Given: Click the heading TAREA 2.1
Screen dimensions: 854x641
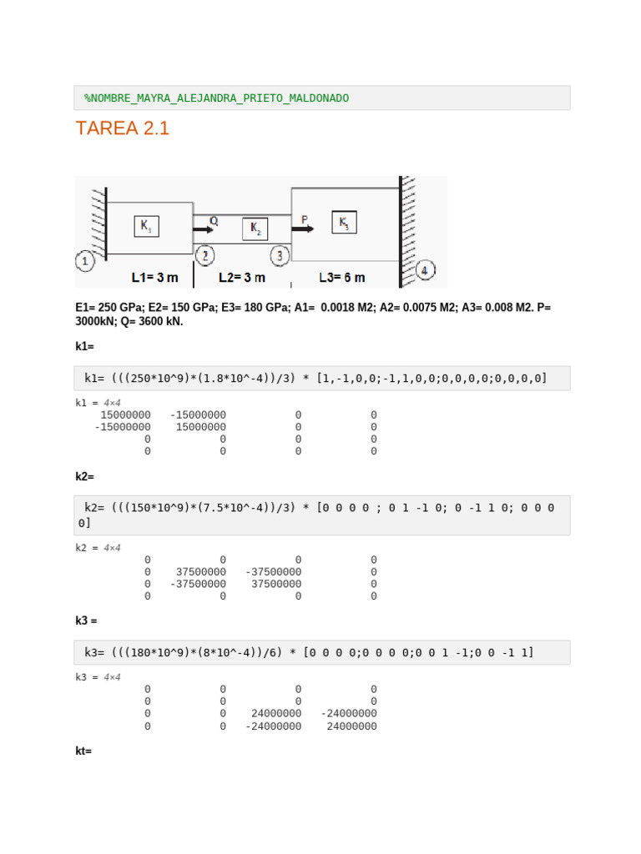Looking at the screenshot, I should tap(122, 128).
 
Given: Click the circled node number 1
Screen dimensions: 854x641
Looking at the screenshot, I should tap(85, 261).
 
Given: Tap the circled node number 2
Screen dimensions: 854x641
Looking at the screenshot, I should tap(204, 255).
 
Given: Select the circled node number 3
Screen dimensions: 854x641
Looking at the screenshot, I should tap(280, 255).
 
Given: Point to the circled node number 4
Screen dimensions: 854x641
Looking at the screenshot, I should tap(425, 271).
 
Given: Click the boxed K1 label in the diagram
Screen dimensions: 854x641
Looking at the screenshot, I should tap(146, 226).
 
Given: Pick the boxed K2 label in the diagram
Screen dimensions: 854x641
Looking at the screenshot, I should tap(255, 229).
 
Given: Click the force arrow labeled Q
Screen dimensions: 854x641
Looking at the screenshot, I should tap(203, 229).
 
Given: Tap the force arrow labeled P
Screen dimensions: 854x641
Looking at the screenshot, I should tap(303, 228).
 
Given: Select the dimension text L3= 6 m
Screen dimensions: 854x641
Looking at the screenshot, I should tap(342, 277).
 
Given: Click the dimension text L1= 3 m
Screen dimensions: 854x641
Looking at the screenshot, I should tap(154, 277).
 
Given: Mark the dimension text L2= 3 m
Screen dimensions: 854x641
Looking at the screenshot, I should tap(242, 277).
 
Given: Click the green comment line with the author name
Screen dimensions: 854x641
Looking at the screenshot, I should tap(217, 98).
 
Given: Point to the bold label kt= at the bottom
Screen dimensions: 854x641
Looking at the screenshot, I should tap(83, 751).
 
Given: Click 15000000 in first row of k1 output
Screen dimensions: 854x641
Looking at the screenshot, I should tap(125, 414).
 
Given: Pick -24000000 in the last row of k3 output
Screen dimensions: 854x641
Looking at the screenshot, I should tap(274, 726).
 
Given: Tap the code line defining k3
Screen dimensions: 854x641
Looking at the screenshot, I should tap(309, 652).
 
